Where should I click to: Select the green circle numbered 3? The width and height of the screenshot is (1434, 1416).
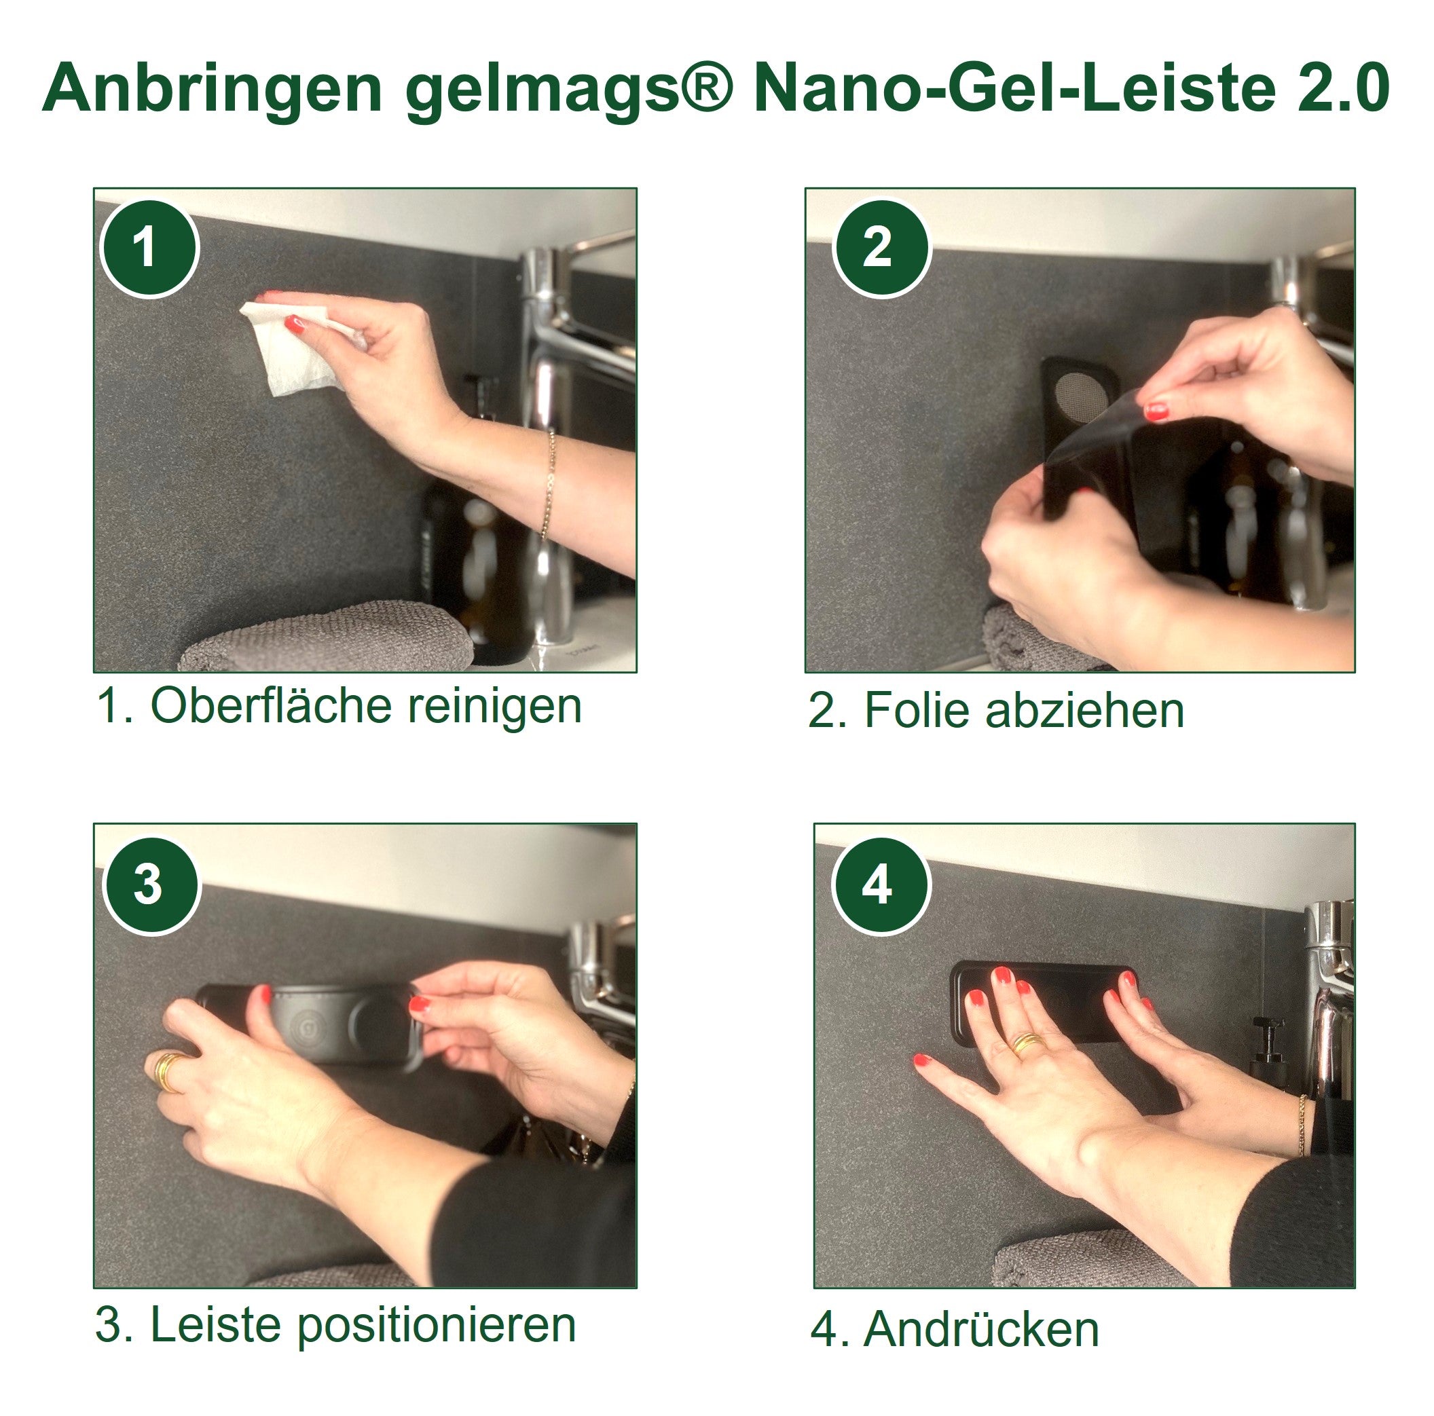pos(149,884)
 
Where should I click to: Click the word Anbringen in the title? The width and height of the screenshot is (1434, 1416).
pos(213,90)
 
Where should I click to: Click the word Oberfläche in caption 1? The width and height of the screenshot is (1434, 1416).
pos(270,706)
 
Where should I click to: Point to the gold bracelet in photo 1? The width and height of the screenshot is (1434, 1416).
pos(549,483)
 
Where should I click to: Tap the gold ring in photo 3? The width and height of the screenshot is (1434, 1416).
pos(169,1072)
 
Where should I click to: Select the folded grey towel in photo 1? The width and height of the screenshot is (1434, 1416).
pos(327,638)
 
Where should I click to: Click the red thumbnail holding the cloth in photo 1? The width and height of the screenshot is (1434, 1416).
pos(295,324)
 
